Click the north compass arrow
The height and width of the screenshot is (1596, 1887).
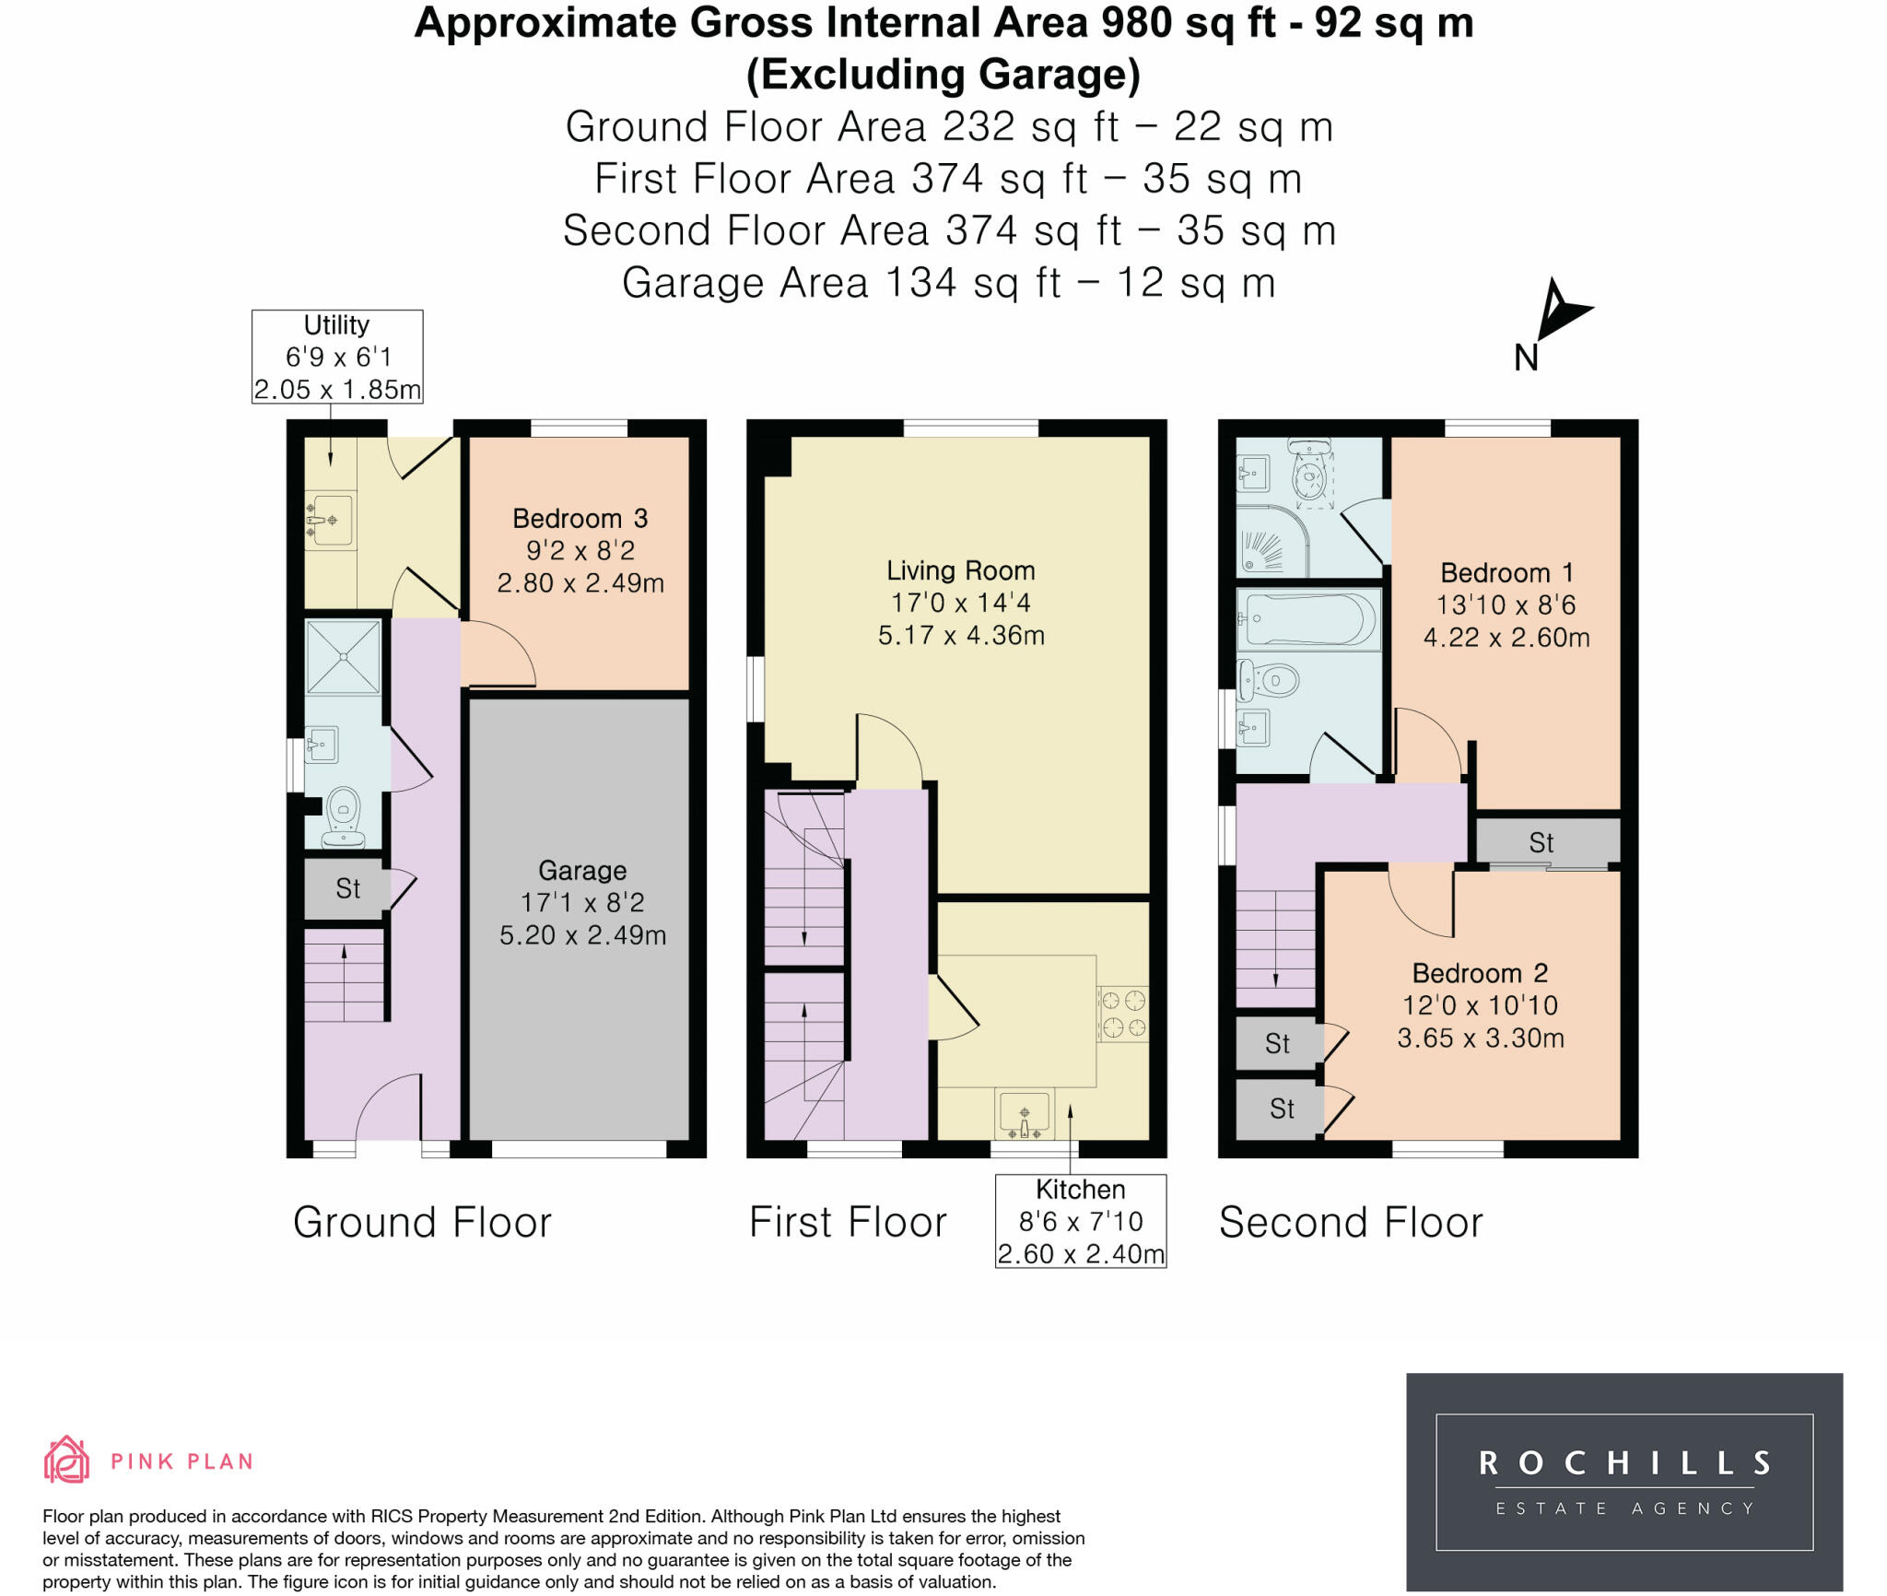pyautogui.click(x=1559, y=311)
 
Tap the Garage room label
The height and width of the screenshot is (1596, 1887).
pyautogui.click(x=582, y=871)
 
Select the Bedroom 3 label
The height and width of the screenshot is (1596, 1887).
pyautogui.click(x=580, y=519)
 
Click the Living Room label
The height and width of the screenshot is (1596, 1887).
pyautogui.click(x=961, y=571)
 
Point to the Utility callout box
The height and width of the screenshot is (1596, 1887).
pyautogui.click(x=337, y=357)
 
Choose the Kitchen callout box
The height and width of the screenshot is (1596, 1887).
pyautogui.click(x=1081, y=1221)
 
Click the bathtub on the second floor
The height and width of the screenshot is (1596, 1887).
pyautogui.click(x=1309, y=618)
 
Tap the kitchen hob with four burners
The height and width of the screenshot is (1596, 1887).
pyautogui.click(x=1123, y=1014)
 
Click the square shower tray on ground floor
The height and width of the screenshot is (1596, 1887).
pyautogui.click(x=343, y=656)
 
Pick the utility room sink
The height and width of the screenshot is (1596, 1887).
pyautogui.click(x=329, y=521)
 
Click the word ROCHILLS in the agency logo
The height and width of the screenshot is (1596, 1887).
pyautogui.click(x=1624, y=1462)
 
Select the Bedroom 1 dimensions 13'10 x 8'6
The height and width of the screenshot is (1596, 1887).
pyautogui.click(x=1506, y=605)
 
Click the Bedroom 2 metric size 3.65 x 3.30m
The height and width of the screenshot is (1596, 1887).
pyautogui.click(x=1481, y=1039)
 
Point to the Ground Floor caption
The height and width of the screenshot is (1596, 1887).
pyautogui.click(x=422, y=1223)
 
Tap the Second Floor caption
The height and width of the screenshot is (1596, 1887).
pyautogui.click(x=1351, y=1223)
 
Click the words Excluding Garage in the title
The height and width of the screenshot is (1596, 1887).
pyautogui.click(x=943, y=75)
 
